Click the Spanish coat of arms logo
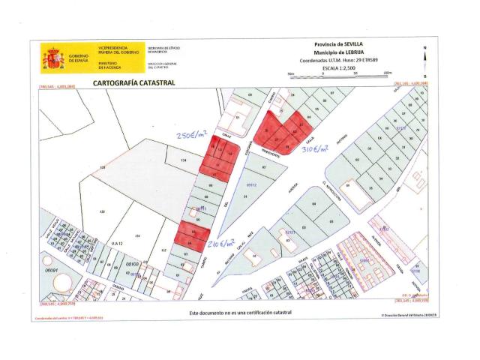(53, 58)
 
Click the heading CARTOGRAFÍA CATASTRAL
(133, 82)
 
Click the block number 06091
(51, 269)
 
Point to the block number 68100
(133, 264)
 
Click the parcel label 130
(103, 213)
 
